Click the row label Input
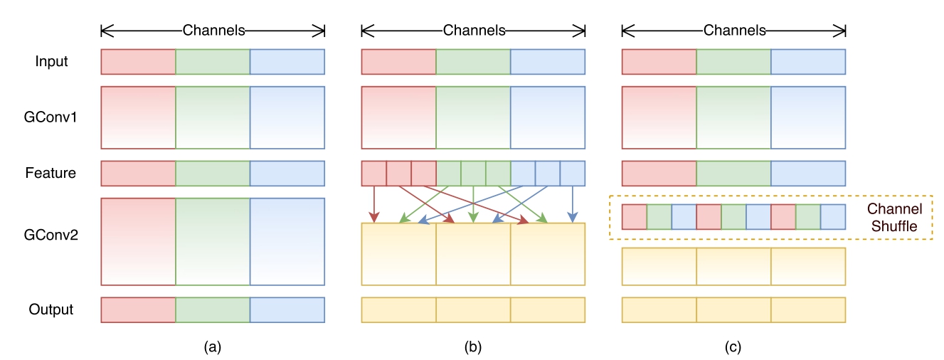coord(51,62)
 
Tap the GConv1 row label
coord(51,117)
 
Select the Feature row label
coord(51,173)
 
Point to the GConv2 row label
coord(51,235)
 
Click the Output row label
coord(51,309)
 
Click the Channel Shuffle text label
coord(894,218)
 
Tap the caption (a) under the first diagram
coord(213,347)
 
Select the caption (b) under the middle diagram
coord(473,347)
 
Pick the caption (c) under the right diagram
coord(733,347)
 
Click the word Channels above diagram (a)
coord(213,31)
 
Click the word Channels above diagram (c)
coord(735,31)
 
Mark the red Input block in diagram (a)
coord(138,62)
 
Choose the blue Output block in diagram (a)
coord(287,309)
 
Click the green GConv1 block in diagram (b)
coord(473,117)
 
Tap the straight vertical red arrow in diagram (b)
coord(373,204)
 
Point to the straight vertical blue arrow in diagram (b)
coord(572,204)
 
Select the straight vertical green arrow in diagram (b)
coord(473,204)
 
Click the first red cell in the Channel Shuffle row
coord(635,217)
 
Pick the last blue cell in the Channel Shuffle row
coord(833,217)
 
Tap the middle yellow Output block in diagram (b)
coord(473,309)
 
